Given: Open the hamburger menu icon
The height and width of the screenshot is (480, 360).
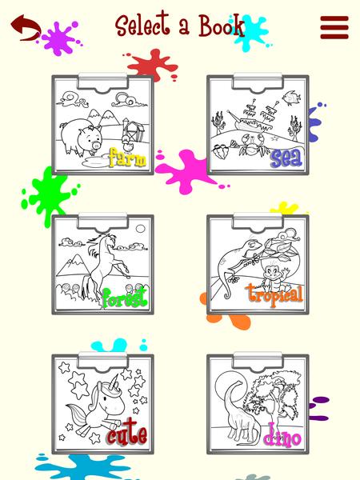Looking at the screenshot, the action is [334, 27].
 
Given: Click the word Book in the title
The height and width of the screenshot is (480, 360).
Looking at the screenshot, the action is [222, 26].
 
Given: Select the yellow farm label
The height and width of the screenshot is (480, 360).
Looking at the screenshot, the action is [127, 158].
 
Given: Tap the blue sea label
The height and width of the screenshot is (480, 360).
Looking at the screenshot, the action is [286, 158].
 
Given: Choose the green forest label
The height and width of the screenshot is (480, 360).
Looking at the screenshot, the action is [124, 298].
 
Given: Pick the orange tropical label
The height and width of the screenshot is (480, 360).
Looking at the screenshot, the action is [274, 294].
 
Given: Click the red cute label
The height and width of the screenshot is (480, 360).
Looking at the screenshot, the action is [127, 433].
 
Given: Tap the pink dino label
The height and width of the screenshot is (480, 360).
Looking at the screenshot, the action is [282, 436].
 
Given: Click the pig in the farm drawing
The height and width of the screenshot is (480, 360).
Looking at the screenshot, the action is [81, 137].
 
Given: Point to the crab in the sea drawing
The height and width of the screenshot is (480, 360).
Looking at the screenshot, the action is [253, 145].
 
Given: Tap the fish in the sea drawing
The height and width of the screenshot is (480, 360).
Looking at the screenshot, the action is [291, 98].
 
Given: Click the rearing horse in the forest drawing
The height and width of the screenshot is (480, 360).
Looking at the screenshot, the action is [102, 267].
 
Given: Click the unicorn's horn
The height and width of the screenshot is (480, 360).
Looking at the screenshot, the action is [114, 382].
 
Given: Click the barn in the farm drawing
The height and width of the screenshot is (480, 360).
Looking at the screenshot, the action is [132, 130].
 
